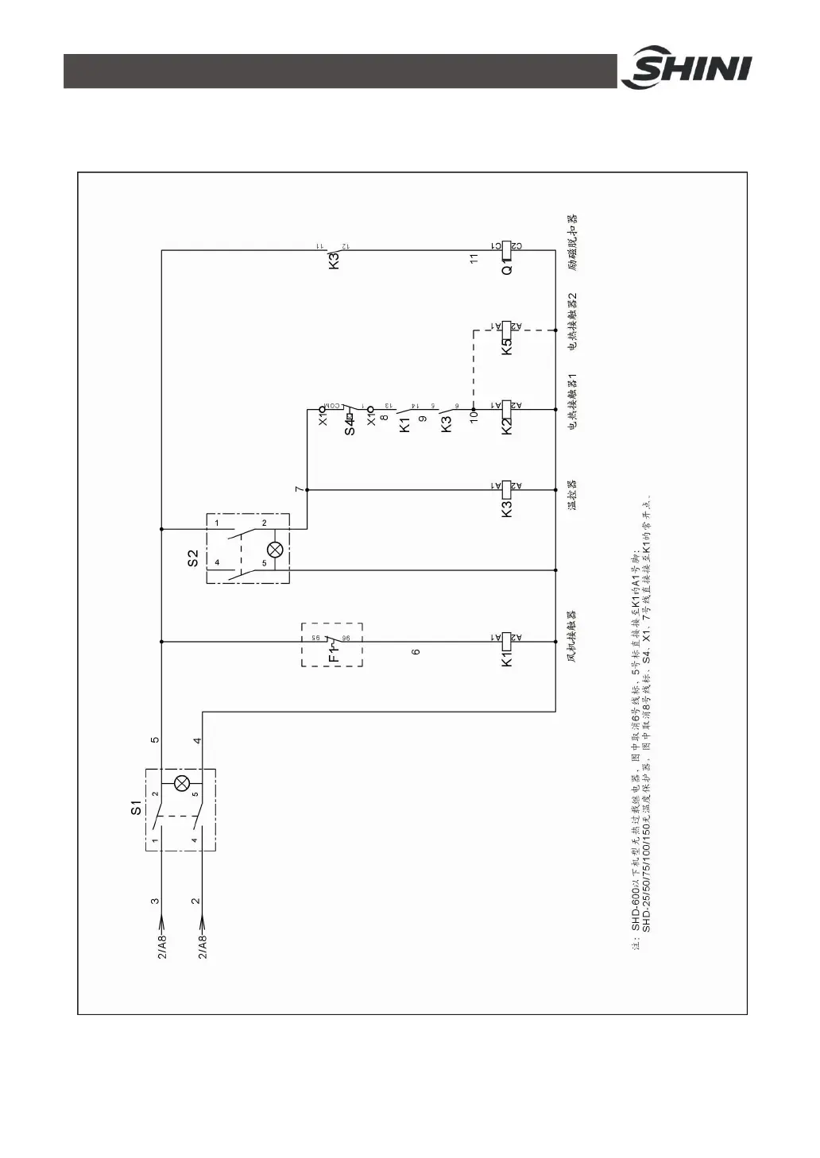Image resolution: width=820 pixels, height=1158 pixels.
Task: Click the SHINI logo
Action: click(685, 70)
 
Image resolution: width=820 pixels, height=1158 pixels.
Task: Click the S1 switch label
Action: click(136, 809)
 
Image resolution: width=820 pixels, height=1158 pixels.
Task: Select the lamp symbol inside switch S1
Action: click(182, 784)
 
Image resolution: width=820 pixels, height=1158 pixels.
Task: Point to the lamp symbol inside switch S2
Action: click(275, 550)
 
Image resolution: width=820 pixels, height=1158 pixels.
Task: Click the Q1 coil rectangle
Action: click(507, 251)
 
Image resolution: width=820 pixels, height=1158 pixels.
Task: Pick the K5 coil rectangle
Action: click(507, 327)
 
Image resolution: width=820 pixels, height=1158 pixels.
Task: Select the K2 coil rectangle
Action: click(507, 410)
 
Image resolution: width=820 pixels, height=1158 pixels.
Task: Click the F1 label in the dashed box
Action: click(334, 653)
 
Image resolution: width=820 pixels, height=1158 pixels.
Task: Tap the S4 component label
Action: click(350, 423)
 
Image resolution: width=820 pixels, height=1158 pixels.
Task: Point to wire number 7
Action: click(299, 489)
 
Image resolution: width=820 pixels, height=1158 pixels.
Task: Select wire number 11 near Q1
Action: click(474, 259)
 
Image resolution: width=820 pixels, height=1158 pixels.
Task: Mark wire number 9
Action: click(423, 419)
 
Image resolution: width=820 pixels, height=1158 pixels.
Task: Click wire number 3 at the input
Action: click(155, 901)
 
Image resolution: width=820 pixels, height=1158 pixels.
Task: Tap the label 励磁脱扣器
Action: click(571, 242)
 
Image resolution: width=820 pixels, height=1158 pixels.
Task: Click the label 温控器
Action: click(571, 494)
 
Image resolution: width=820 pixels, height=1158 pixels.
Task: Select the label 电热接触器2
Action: click(571, 321)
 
